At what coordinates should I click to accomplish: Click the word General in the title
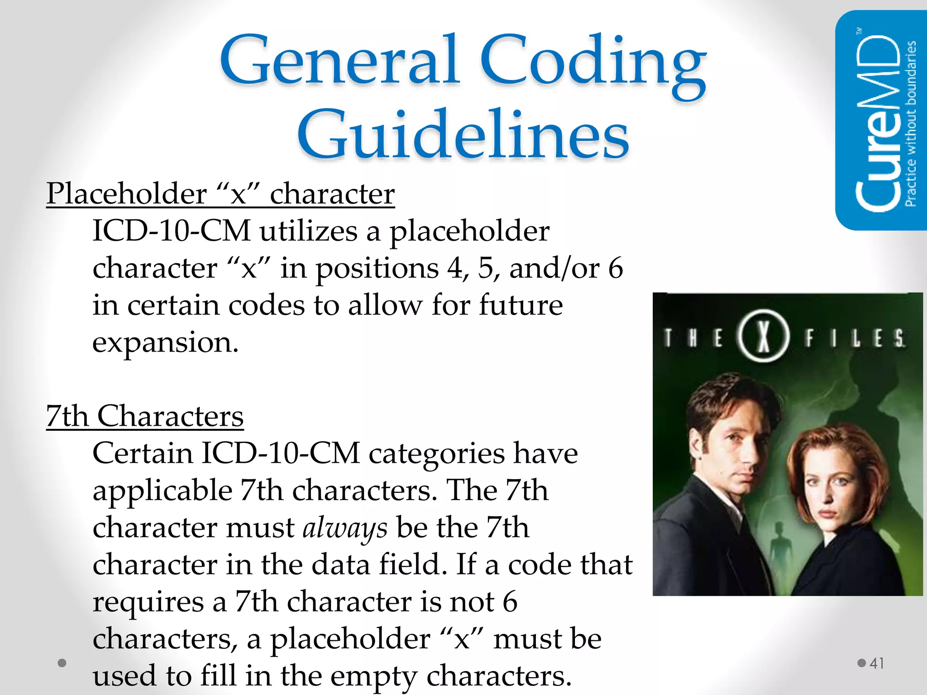coord(339,61)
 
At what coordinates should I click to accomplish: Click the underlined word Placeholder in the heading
coord(127,194)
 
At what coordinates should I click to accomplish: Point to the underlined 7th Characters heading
coord(145,416)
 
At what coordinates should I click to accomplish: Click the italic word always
coord(345,528)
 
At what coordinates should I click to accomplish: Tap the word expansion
coord(165,343)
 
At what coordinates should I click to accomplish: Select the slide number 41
coord(877,663)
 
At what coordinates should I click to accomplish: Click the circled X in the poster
coord(764,336)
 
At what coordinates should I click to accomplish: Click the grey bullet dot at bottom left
coord(62,663)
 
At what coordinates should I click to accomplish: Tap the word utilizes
coord(308,231)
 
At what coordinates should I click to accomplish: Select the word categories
coord(436,454)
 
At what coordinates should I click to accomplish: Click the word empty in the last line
coord(373,676)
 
